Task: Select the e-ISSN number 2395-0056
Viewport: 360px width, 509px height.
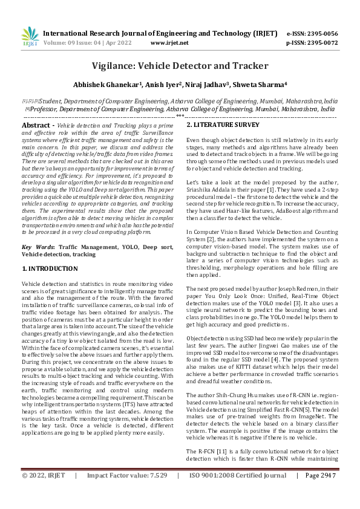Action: click(x=320, y=33)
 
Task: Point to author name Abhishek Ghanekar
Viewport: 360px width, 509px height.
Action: click(x=106, y=85)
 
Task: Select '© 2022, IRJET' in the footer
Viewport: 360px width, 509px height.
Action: click(x=44, y=493)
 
